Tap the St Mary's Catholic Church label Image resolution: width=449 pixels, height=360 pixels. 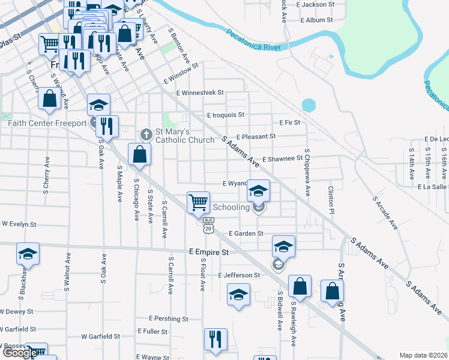coord(184,136)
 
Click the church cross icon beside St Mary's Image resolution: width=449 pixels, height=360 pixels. coord(145,133)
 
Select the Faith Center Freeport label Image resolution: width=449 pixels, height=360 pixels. coord(48,124)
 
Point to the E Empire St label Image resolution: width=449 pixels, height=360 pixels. coord(209,253)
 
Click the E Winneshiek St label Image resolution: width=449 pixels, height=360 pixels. coord(200,93)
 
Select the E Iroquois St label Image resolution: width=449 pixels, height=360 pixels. coord(226,115)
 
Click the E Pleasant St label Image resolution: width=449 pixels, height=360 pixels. coord(256,136)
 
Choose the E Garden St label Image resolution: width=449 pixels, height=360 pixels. coord(246,233)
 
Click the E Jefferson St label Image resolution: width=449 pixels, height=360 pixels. coord(240,275)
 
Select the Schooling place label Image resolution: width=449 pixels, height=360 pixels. coord(232,208)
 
